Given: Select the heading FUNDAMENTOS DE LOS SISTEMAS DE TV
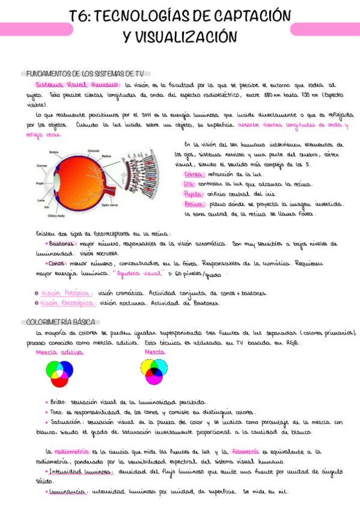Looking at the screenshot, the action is [85, 73].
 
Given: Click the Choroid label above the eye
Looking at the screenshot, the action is [93, 151].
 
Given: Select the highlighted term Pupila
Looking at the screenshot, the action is [194, 194].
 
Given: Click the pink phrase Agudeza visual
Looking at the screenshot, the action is [138, 274].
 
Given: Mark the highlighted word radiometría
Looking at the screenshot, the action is [72, 451].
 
